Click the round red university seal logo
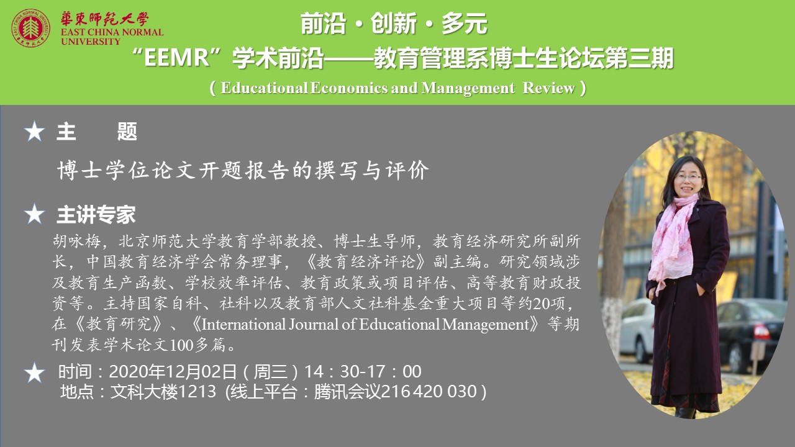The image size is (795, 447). click(30, 29)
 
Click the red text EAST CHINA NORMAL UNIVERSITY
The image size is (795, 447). click(112, 37)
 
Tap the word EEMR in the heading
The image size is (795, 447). click(177, 58)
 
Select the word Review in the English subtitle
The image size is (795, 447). click(548, 88)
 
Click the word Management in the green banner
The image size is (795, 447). click(468, 88)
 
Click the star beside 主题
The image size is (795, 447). click(34, 131)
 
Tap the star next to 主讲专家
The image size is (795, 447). click(34, 214)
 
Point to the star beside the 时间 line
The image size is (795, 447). click(34, 372)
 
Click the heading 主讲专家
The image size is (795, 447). click(96, 214)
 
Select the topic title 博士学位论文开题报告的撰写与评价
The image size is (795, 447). click(243, 170)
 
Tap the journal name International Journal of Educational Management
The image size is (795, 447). click(365, 325)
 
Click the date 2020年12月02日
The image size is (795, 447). click(173, 371)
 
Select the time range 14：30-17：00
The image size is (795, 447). click(363, 371)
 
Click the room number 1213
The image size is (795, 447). click(197, 392)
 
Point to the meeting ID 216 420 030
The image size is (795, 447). click(429, 392)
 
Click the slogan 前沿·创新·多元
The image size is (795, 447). click(394, 24)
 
